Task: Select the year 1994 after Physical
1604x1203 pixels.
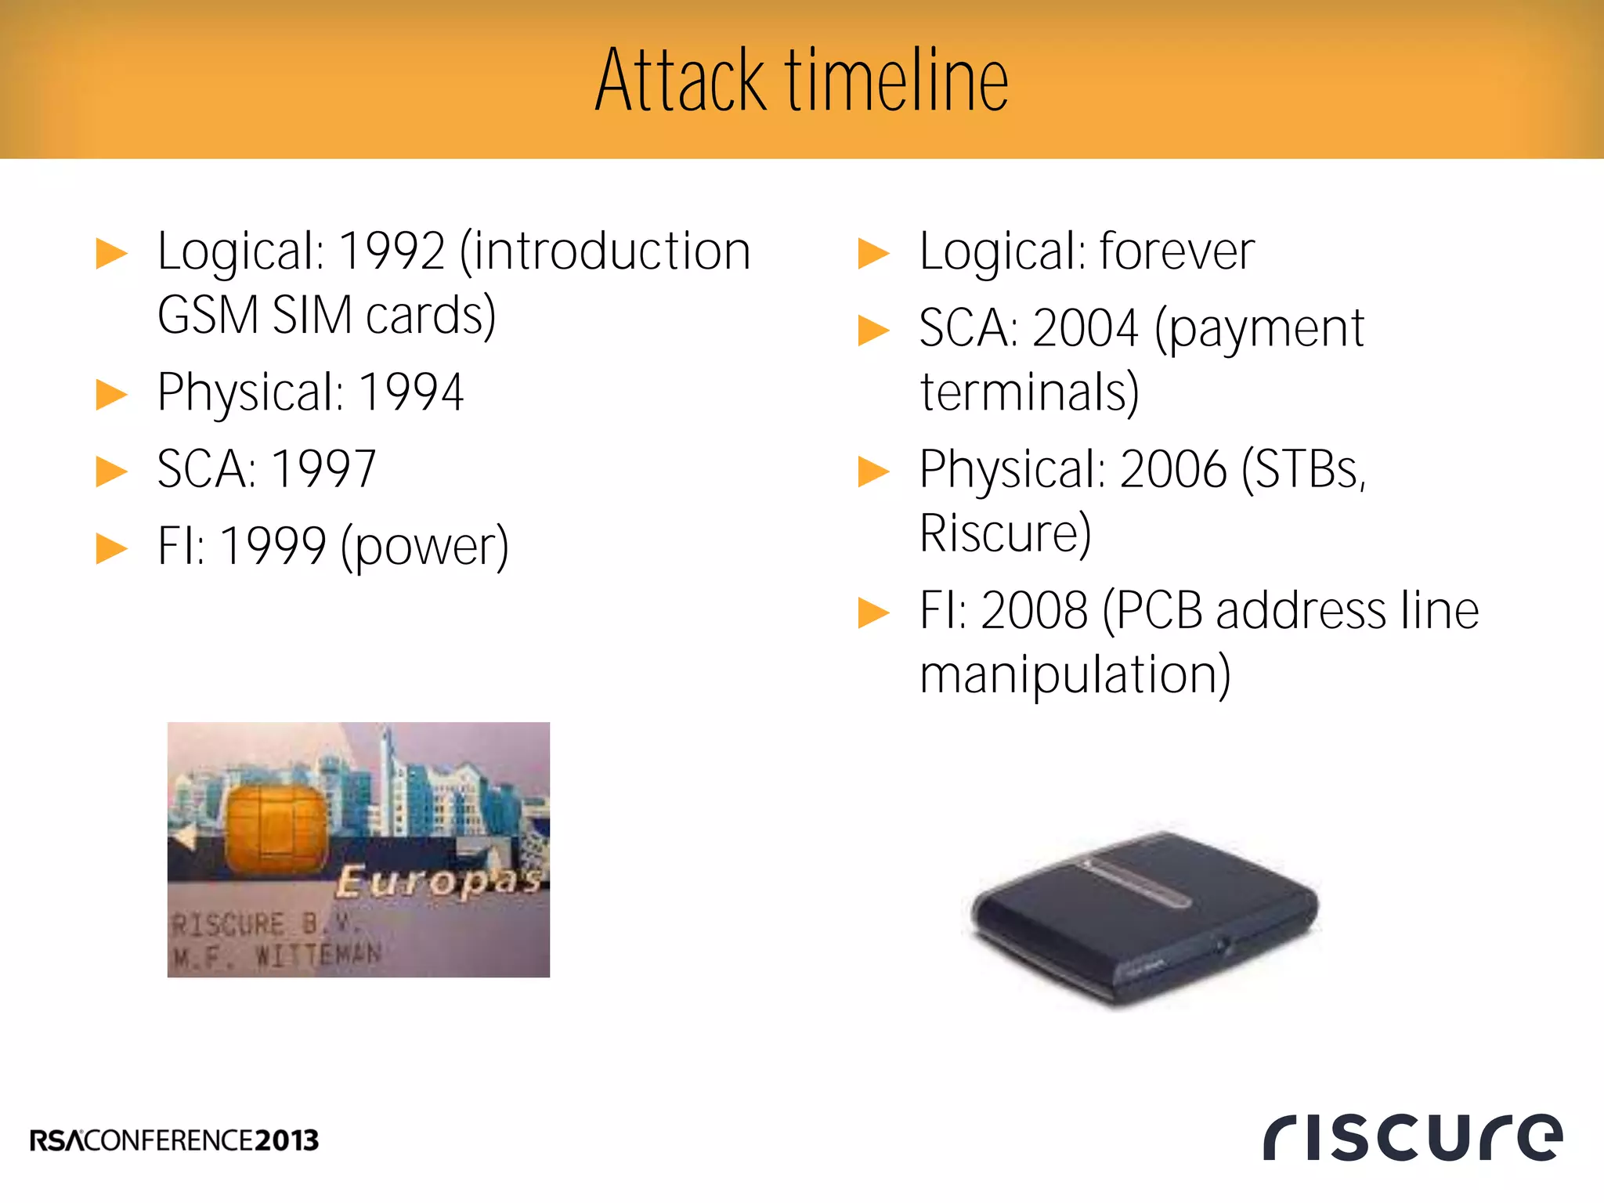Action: (411, 392)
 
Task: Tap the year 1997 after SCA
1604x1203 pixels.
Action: (323, 470)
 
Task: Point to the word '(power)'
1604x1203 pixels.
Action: (425, 547)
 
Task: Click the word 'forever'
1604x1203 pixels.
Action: (1177, 252)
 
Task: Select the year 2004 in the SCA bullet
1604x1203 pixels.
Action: (1085, 328)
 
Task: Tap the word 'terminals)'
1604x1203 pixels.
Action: (1029, 392)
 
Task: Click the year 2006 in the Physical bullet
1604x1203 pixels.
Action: (1173, 470)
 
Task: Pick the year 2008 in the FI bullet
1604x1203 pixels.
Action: (1034, 611)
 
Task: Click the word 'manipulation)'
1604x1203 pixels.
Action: (1075, 675)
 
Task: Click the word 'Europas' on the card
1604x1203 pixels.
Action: (439, 881)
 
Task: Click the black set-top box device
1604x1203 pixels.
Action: (1143, 916)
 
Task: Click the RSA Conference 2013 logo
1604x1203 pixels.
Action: (174, 1140)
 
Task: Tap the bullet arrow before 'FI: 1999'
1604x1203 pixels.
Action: (111, 549)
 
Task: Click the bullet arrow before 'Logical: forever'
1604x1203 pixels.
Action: (873, 254)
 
